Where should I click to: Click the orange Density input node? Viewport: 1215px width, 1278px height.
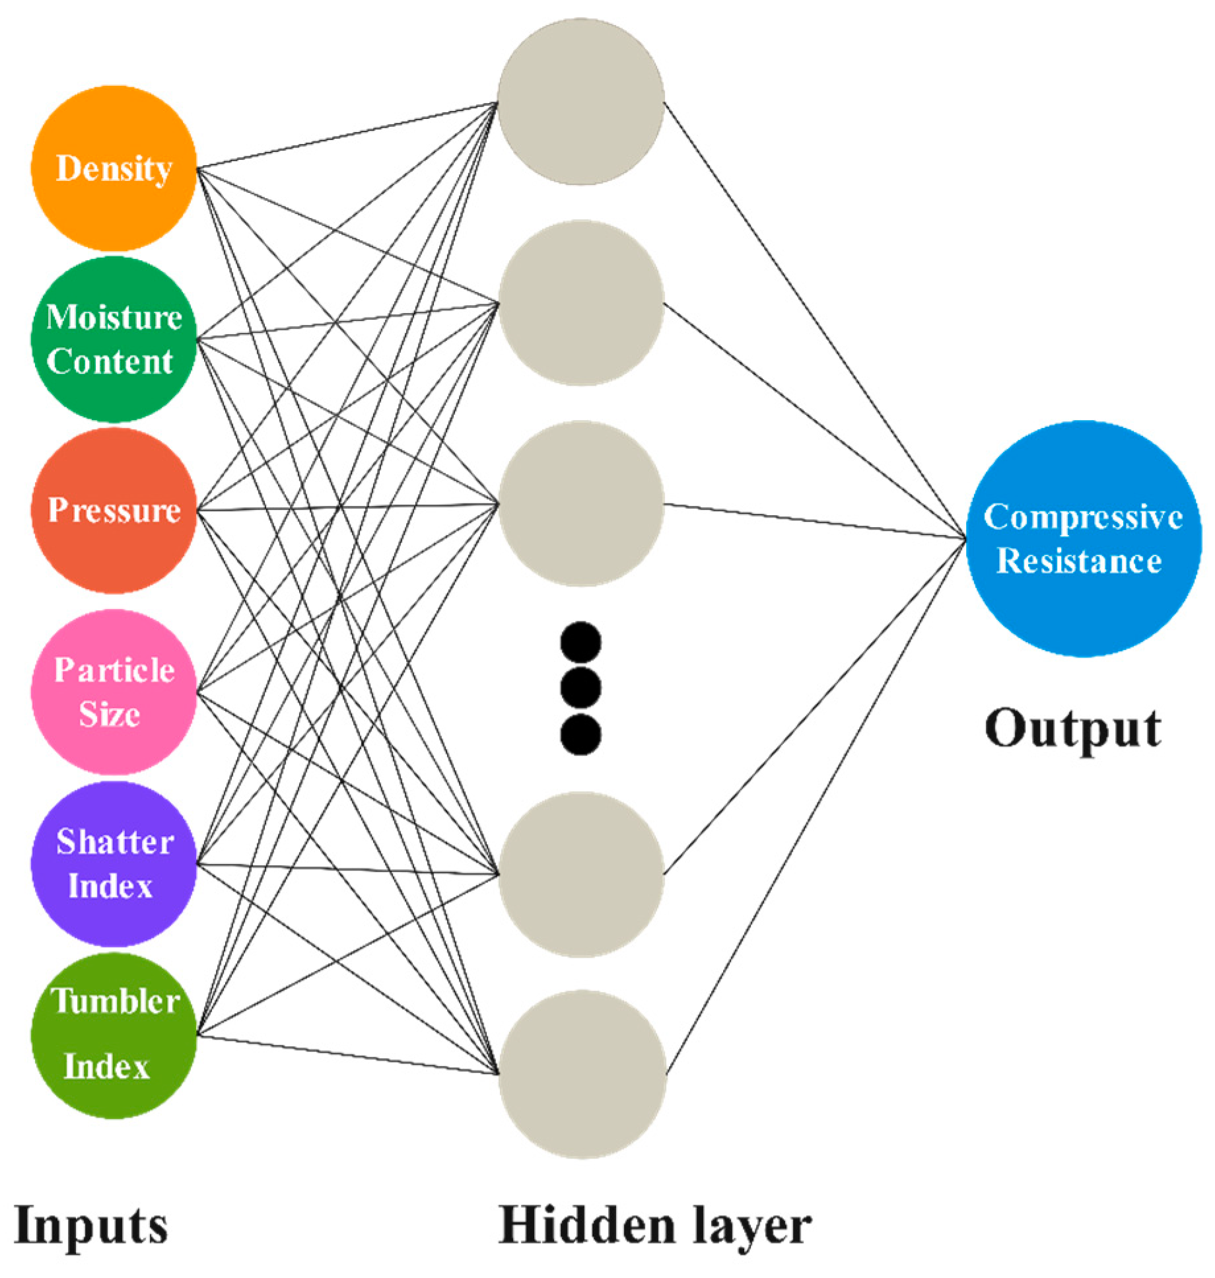coord(114,168)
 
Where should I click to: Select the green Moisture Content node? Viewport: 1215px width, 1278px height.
coord(114,339)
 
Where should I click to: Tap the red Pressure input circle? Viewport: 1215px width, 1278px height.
coord(114,510)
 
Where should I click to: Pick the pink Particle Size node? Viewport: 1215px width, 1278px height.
coord(114,692)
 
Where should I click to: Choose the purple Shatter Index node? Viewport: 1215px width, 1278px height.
coord(114,863)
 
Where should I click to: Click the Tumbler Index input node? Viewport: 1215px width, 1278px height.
coord(114,1035)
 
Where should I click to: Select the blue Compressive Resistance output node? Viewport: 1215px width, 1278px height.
coord(1083,538)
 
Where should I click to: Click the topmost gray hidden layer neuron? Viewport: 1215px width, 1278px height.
coord(580,102)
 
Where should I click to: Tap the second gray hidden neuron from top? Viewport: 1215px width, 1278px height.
coord(580,303)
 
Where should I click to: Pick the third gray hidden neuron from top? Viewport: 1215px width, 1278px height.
coord(580,504)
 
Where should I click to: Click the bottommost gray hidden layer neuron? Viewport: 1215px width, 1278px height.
coord(582,1073)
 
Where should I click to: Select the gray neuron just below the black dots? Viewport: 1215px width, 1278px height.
coord(580,874)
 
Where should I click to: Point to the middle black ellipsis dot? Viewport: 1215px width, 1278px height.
coord(580,688)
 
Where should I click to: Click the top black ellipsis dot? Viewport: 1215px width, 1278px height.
coord(580,642)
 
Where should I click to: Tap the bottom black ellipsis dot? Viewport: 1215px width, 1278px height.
coord(580,734)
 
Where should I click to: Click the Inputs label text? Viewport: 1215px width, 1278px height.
coord(90,1226)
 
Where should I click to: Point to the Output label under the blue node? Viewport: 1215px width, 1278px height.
coord(1072,729)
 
